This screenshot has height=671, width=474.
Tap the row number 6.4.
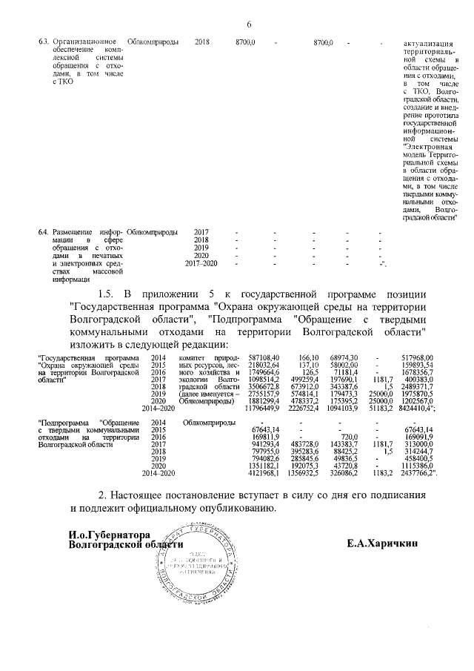[44, 232]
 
